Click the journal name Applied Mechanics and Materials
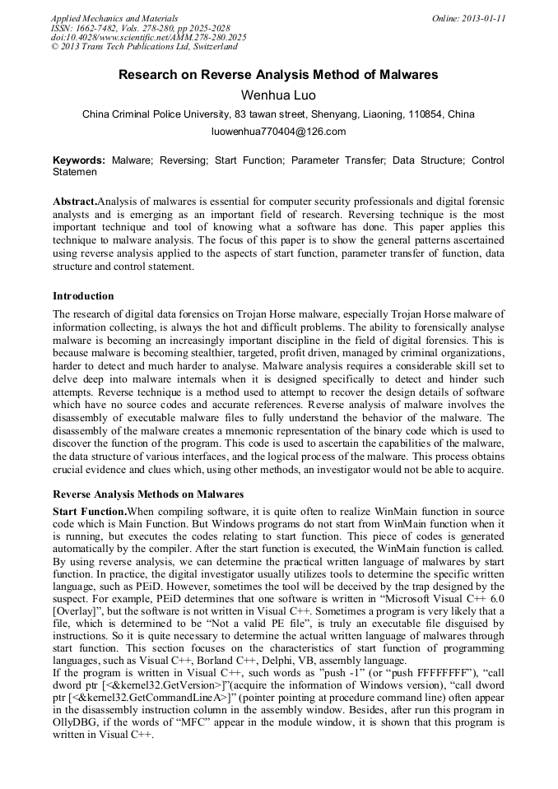click(114, 17)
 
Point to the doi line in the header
click(148, 37)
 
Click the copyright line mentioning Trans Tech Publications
click(144, 47)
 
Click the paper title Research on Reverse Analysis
click(278, 75)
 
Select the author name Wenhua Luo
click(278, 95)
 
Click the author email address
click(278, 132)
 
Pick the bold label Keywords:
click(79, 160)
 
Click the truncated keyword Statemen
click(75, 173)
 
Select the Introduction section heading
click(83, 296)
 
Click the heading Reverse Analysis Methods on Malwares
click(148, 494)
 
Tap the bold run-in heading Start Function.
click(89, 511)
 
